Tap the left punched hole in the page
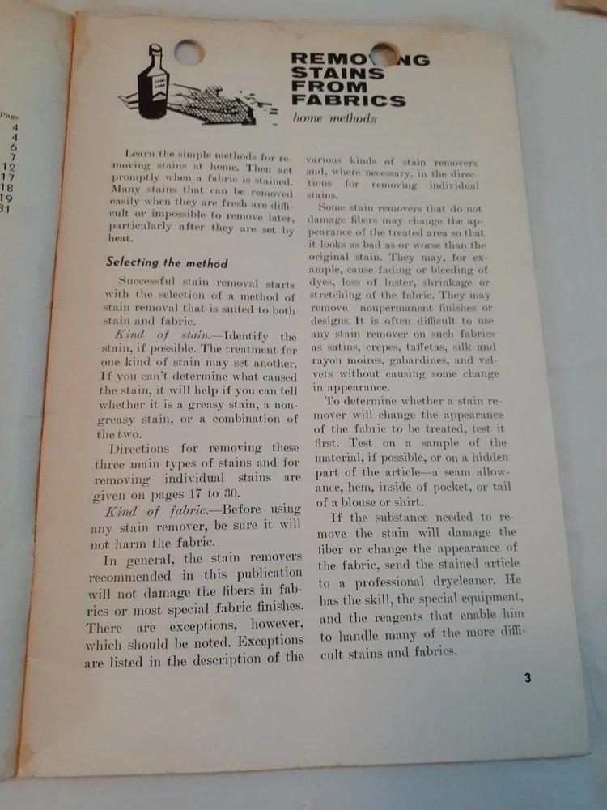[189, 53]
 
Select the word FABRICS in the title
[348, 101]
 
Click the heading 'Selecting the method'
[167, 262]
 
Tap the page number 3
[527, 678]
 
